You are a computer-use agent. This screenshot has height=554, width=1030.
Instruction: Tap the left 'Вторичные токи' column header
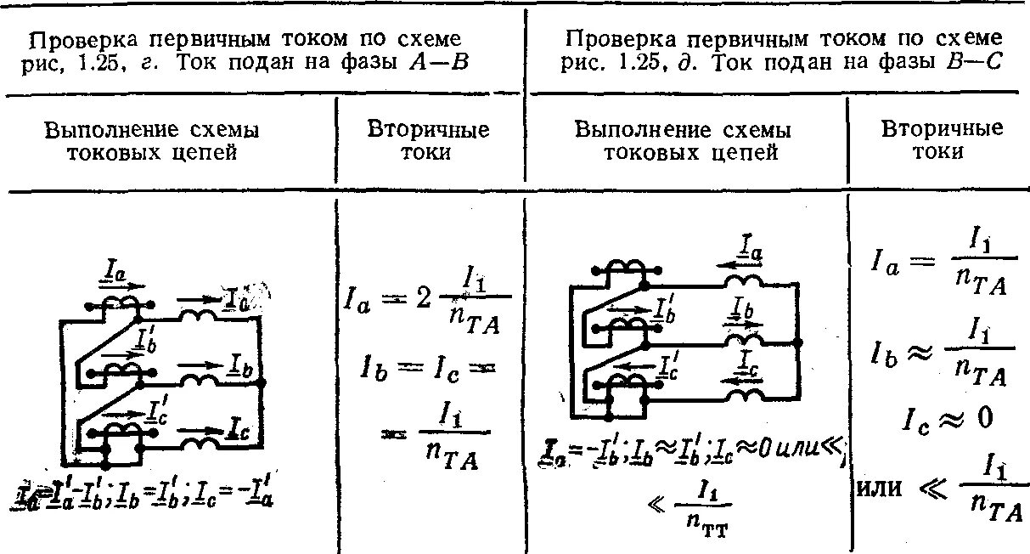428,141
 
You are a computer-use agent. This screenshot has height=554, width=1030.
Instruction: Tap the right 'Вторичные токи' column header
942,140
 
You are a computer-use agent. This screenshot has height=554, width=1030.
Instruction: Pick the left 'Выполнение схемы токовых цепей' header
152,141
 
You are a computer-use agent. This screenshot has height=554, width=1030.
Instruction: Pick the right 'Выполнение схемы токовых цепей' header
683,141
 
